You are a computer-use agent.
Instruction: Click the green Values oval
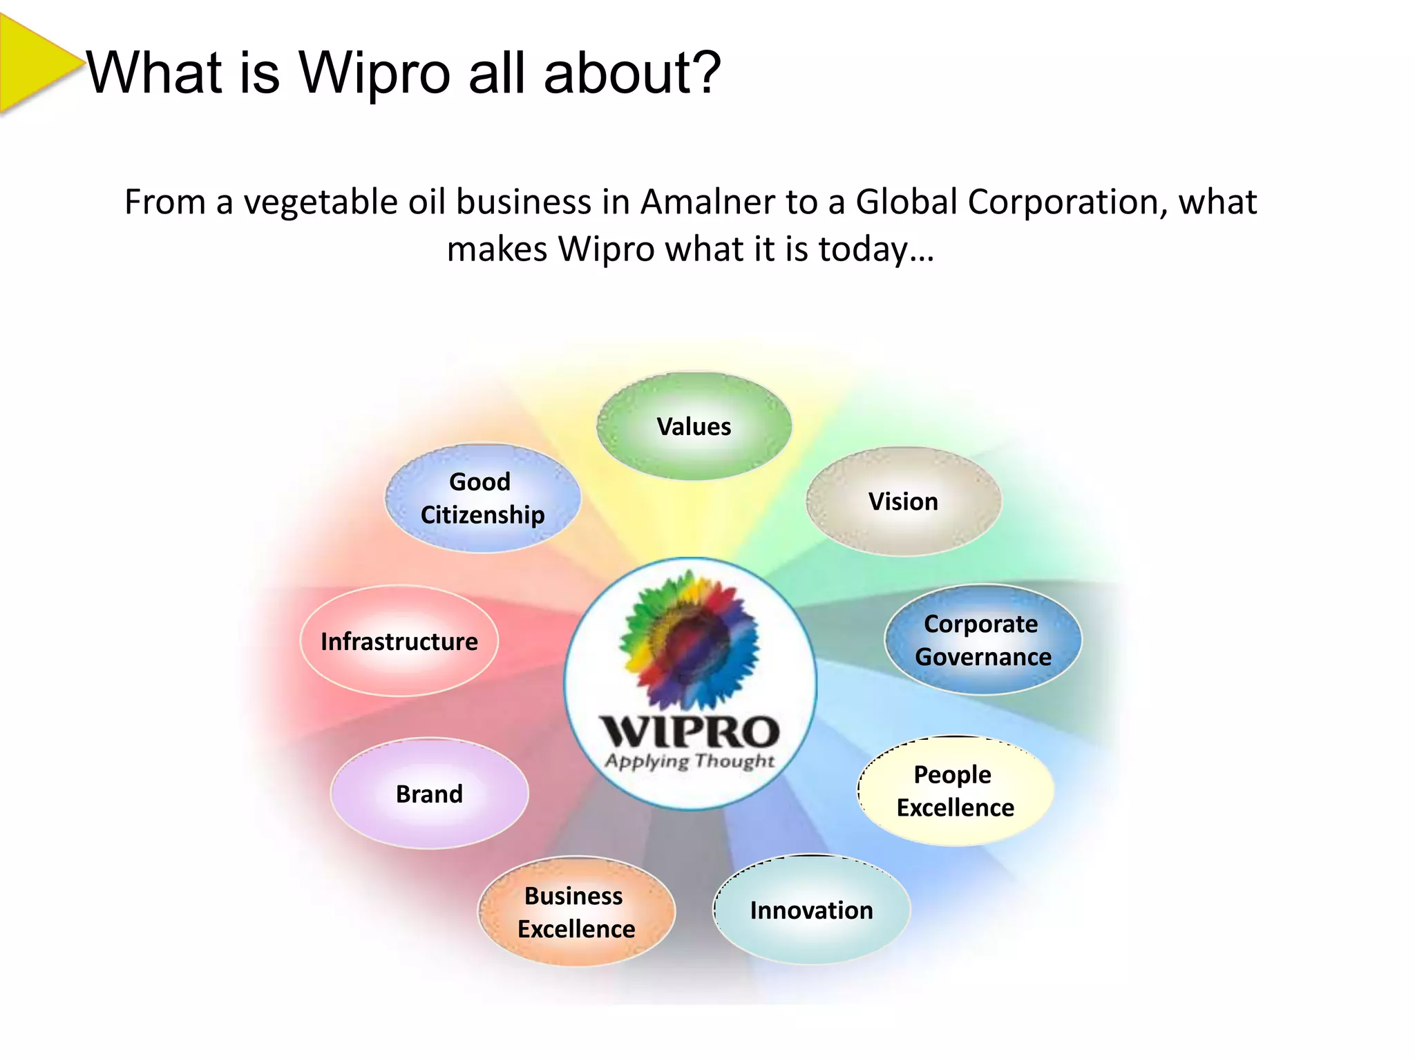click(x=694, y=426)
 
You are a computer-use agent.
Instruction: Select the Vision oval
click(x=903, y=501)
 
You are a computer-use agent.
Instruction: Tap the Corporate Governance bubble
click(x=982, y=640)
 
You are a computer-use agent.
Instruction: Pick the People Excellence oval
click(x=956, y=791)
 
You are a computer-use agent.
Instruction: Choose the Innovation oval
click(x=811, y=910)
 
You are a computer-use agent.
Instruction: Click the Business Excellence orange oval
click(x=576, y=912)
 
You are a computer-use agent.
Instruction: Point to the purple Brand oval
click(x=429, y=794)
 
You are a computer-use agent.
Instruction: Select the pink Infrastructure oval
click(x=399, y=641)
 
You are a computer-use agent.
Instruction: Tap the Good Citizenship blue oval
click(x=482, y=498)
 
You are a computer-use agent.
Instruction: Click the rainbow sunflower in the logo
click(x=690, y=640)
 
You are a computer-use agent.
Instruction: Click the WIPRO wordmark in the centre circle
click(x=690, y=732)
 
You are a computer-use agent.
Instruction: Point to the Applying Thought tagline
click(x=690, y=761)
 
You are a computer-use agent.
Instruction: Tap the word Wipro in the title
click(x=374, y=73)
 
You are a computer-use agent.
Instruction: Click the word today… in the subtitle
click(x=875, y=249)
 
